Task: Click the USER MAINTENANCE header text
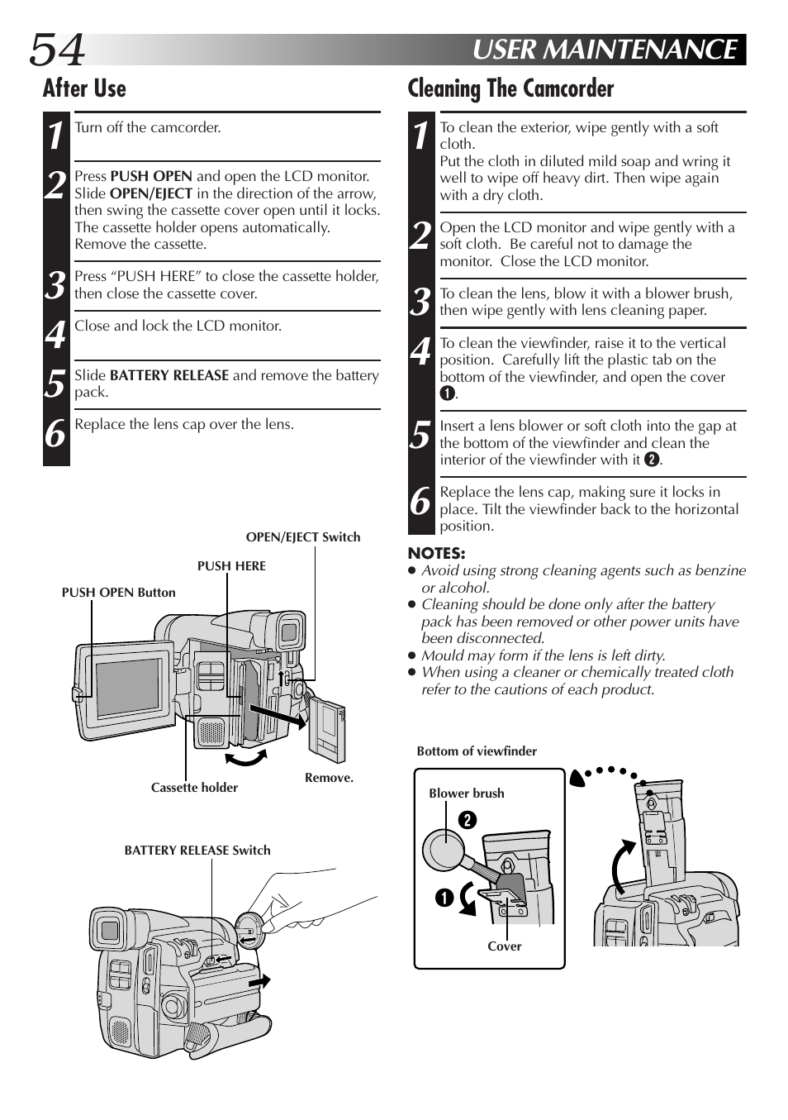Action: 605,50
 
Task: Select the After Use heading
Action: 84,88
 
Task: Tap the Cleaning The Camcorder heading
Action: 510,88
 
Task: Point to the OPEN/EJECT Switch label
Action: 303,537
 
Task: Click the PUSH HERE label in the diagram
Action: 231,566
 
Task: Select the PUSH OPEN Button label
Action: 118,593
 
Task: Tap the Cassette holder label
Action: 194,788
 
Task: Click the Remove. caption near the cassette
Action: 329,778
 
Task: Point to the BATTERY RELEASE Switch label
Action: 197,851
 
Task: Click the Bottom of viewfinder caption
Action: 477,751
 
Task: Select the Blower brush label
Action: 466,794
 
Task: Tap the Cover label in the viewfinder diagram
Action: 504,946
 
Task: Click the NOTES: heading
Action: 436,554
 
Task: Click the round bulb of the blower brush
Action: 444,849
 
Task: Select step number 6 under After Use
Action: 55,433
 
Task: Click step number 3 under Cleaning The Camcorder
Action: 421,303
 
